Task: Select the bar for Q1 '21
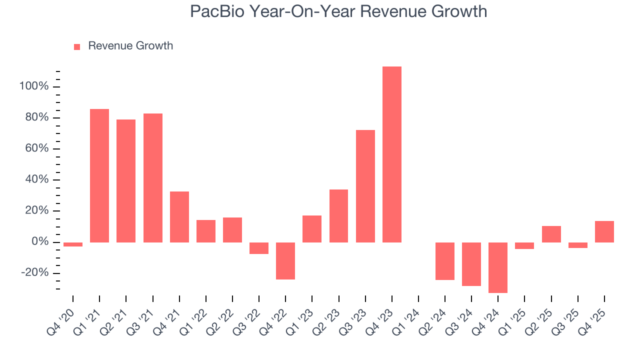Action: [99, 175]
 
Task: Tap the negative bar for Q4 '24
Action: [498, 267]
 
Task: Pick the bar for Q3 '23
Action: [365, 186]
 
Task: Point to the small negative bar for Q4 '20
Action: [73, 244]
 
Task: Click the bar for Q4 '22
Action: [285, 260]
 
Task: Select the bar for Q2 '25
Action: [551, 234]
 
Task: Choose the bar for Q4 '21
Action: [179, 216]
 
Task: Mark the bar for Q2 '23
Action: [338, 215]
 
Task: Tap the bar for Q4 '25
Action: [604, 231]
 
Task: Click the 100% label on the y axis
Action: [34, 87]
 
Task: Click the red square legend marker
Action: [77, 47]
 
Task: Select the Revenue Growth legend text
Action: [130, 46]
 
